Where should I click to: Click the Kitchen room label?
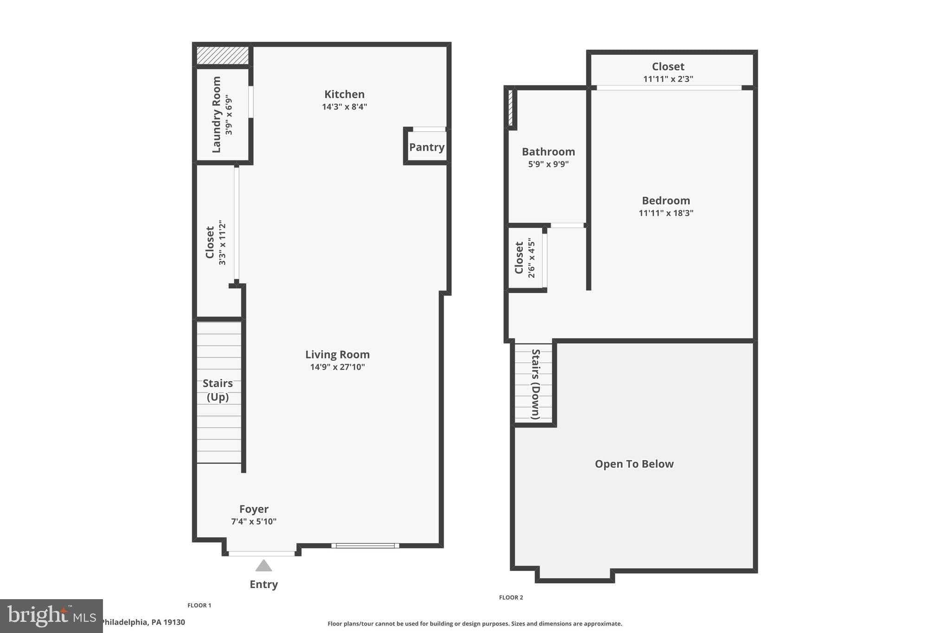(344, 94)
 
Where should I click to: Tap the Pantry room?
(427, 147)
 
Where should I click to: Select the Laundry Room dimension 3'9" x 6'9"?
(229, 115)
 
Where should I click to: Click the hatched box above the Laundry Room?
(222, 55)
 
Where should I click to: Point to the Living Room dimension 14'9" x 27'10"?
(337, 367)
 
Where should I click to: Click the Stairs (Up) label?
(218, 390)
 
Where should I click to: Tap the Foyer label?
(254, 509)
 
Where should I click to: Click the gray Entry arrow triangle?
(263, 566)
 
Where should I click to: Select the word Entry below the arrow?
(263, 584)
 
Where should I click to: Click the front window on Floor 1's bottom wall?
(365, 545)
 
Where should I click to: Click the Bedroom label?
(666, 200)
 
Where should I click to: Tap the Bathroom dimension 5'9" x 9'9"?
(548, 164)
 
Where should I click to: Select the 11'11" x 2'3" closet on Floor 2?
(668, 72)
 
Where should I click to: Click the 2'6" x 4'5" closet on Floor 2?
(525, 258)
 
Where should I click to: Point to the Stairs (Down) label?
(535, 384)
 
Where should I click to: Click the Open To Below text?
(634, 464)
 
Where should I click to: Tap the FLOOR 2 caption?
(511, 597)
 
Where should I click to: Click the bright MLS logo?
(51, 616)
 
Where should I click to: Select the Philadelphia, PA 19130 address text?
(143, 622)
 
